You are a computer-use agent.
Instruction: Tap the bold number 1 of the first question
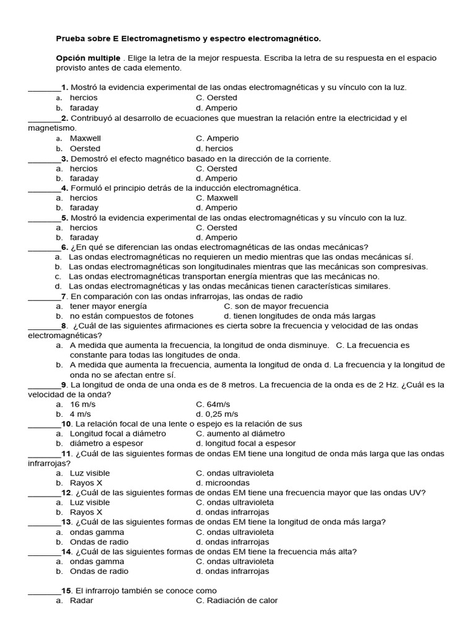click(x=64, y=87)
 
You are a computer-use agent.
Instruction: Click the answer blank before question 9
click(x=44, y=385)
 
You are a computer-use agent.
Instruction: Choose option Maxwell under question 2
click(x=85, y=138)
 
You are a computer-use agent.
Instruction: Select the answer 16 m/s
click(x=82, y=404)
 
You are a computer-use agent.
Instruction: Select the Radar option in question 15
click(x=81, y=601)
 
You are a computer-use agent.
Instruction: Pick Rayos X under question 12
click(x=86, y=512)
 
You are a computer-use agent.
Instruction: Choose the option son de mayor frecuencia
click(x=276, y=306)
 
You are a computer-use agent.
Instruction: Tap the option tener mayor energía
click(x=108, y=306)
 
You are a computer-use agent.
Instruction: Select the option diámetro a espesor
click(x=106, y=443)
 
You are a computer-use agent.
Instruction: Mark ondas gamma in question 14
click(x=97, y=562)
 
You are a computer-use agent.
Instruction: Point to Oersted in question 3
click(x=216, y=168)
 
